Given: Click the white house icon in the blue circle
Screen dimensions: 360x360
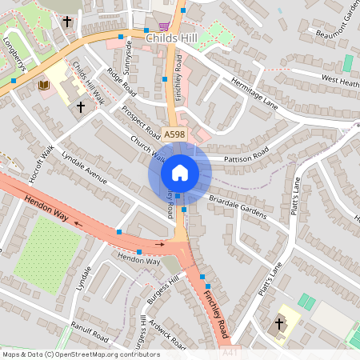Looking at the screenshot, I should pos(179,172).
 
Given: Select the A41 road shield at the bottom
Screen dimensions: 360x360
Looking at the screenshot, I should pos(230,351).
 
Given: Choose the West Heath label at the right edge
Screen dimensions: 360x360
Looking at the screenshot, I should pos(340,79).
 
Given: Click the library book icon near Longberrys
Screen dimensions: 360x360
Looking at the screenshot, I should pos(44,85).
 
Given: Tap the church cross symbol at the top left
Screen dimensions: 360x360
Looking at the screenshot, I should pos(66,22).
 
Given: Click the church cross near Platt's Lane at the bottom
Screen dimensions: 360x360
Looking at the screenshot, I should pos(279,323).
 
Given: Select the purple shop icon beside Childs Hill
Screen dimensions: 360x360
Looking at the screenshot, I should pos(163,26).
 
